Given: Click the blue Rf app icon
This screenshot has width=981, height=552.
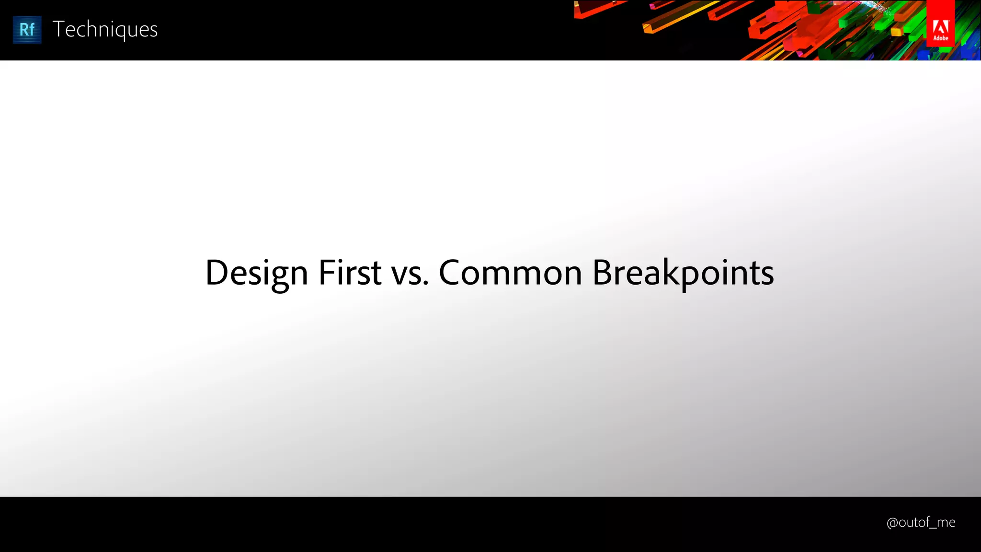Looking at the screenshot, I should tap(27, 30).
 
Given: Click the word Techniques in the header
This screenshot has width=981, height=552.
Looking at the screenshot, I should tap(105, 30).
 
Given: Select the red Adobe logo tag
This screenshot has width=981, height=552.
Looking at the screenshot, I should tap(940, 24).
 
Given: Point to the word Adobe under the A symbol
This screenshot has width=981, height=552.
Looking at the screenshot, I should tap(940, 38).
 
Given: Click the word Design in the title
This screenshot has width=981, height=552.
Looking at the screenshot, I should tap(256, 273).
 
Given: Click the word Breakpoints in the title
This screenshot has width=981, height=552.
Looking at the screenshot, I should tap(683, 273).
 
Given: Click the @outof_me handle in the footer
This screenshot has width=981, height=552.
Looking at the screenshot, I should tap(921, 522).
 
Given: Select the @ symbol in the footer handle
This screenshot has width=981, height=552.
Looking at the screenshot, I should tap(892, 523).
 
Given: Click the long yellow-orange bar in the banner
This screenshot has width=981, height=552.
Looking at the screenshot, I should tap(680, 17).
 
